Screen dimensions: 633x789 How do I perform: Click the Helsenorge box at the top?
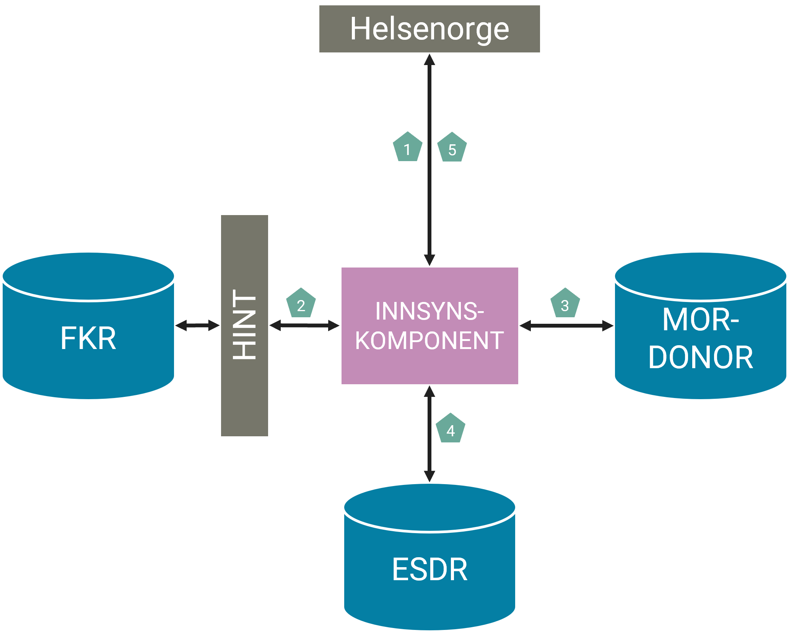point(429,29)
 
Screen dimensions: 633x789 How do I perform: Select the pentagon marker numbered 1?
point(408,147)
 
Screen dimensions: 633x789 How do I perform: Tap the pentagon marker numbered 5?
point(452,148)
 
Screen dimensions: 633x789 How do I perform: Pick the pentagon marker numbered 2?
point(301,303)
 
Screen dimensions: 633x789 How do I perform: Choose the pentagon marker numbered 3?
point(565,303)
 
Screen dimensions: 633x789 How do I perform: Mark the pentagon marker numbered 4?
point(451,429)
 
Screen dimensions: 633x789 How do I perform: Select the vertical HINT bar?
point(245,325)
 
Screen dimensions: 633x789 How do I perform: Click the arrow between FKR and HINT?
point(197,326)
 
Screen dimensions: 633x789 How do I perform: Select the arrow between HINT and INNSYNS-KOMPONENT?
point(304,326)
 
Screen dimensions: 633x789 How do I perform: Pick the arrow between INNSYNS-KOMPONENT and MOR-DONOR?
point(566,326)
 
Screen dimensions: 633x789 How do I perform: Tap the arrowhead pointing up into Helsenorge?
point(429,60)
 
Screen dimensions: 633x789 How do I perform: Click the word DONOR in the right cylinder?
point(701,357)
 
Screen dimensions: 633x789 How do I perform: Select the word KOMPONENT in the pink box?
point(429,340)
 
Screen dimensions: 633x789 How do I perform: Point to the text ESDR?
point(429,569)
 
